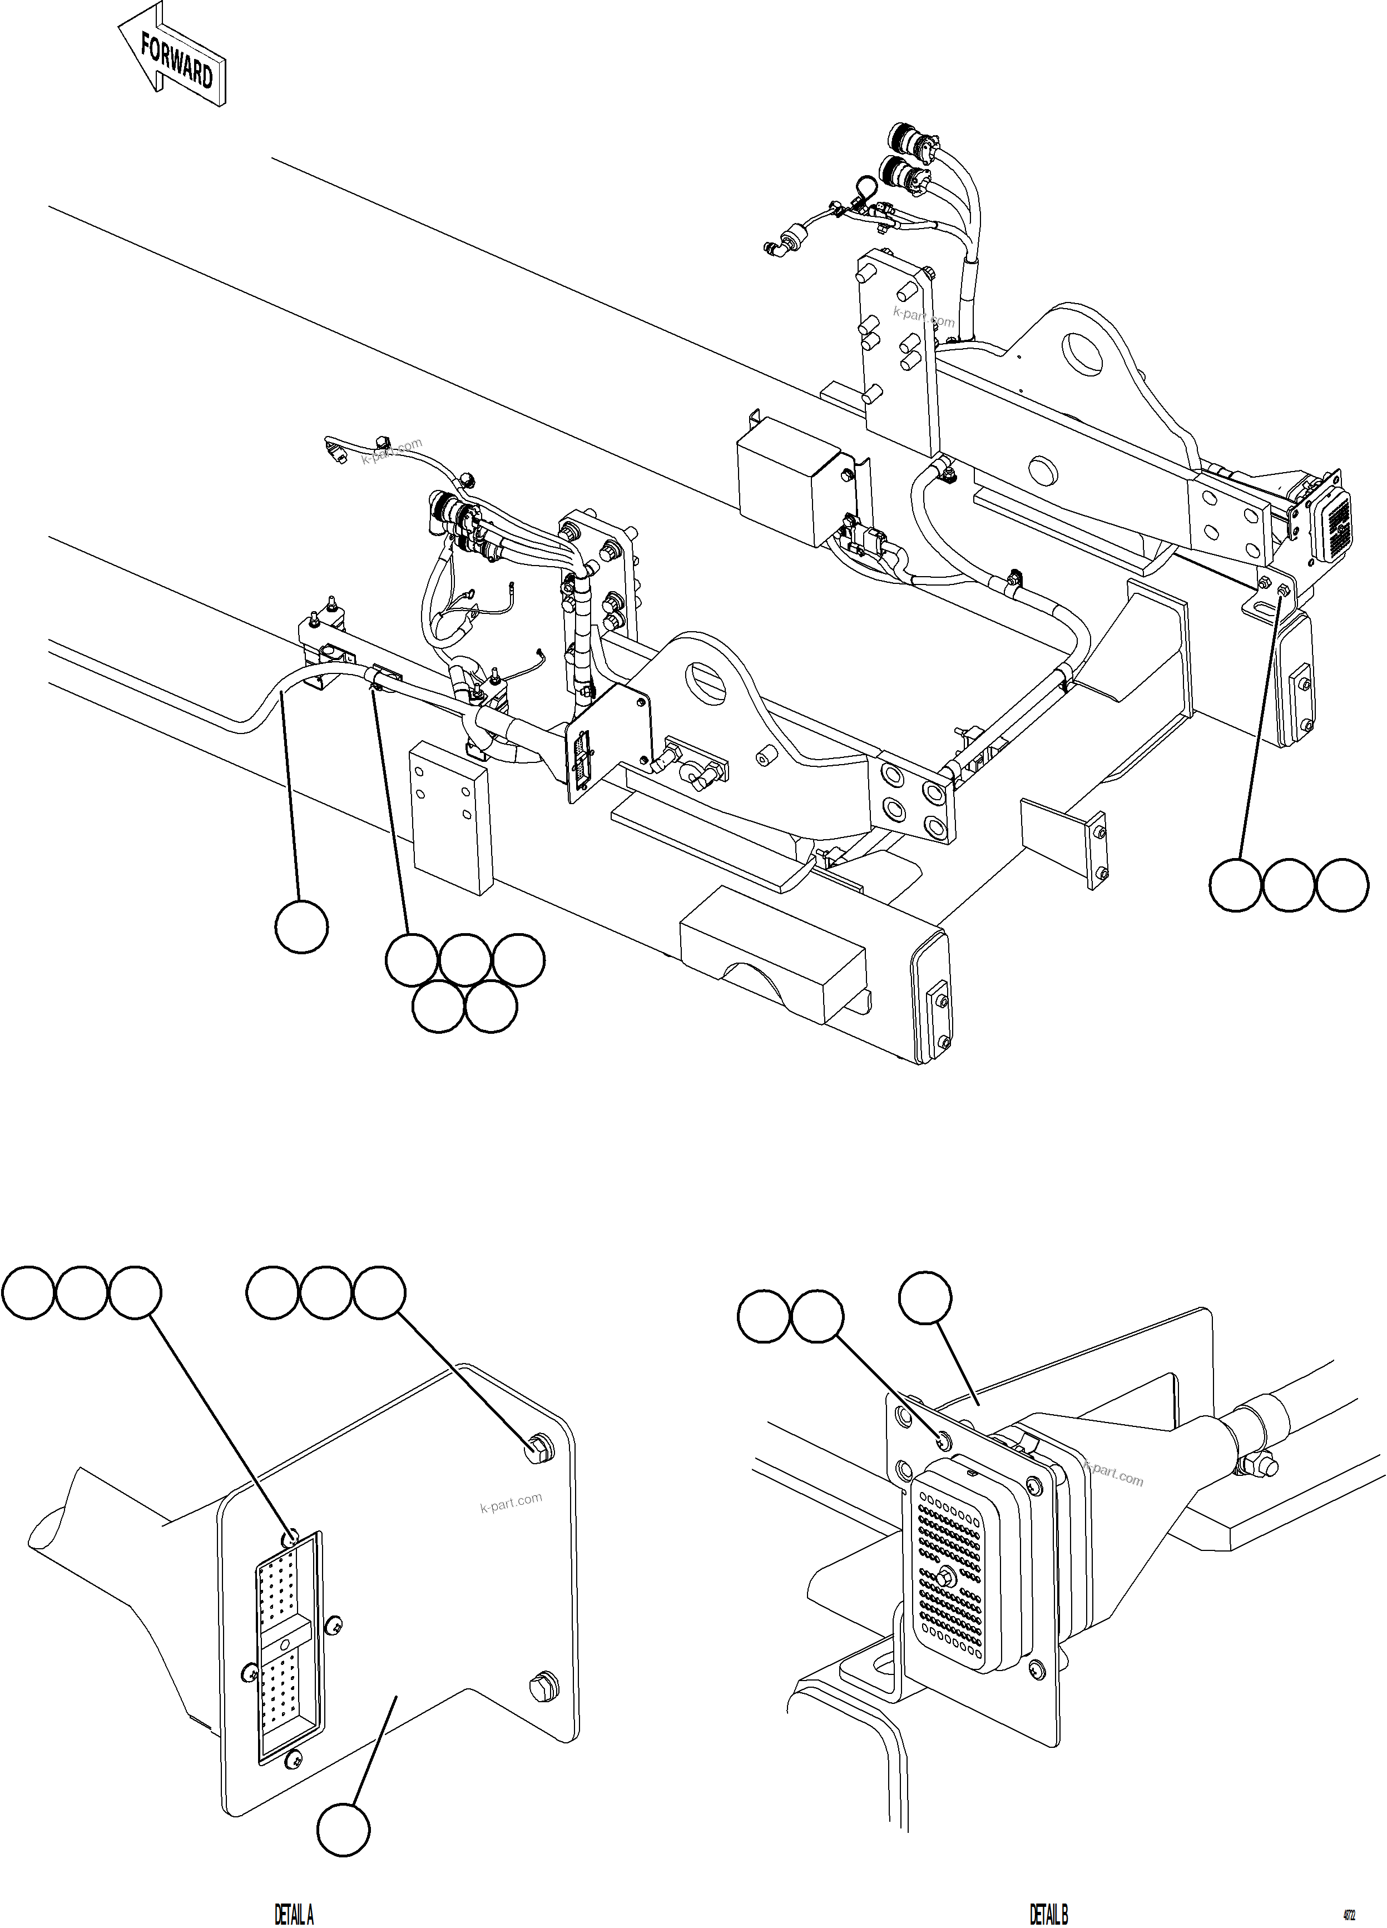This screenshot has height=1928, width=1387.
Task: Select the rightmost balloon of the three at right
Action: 1342,885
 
